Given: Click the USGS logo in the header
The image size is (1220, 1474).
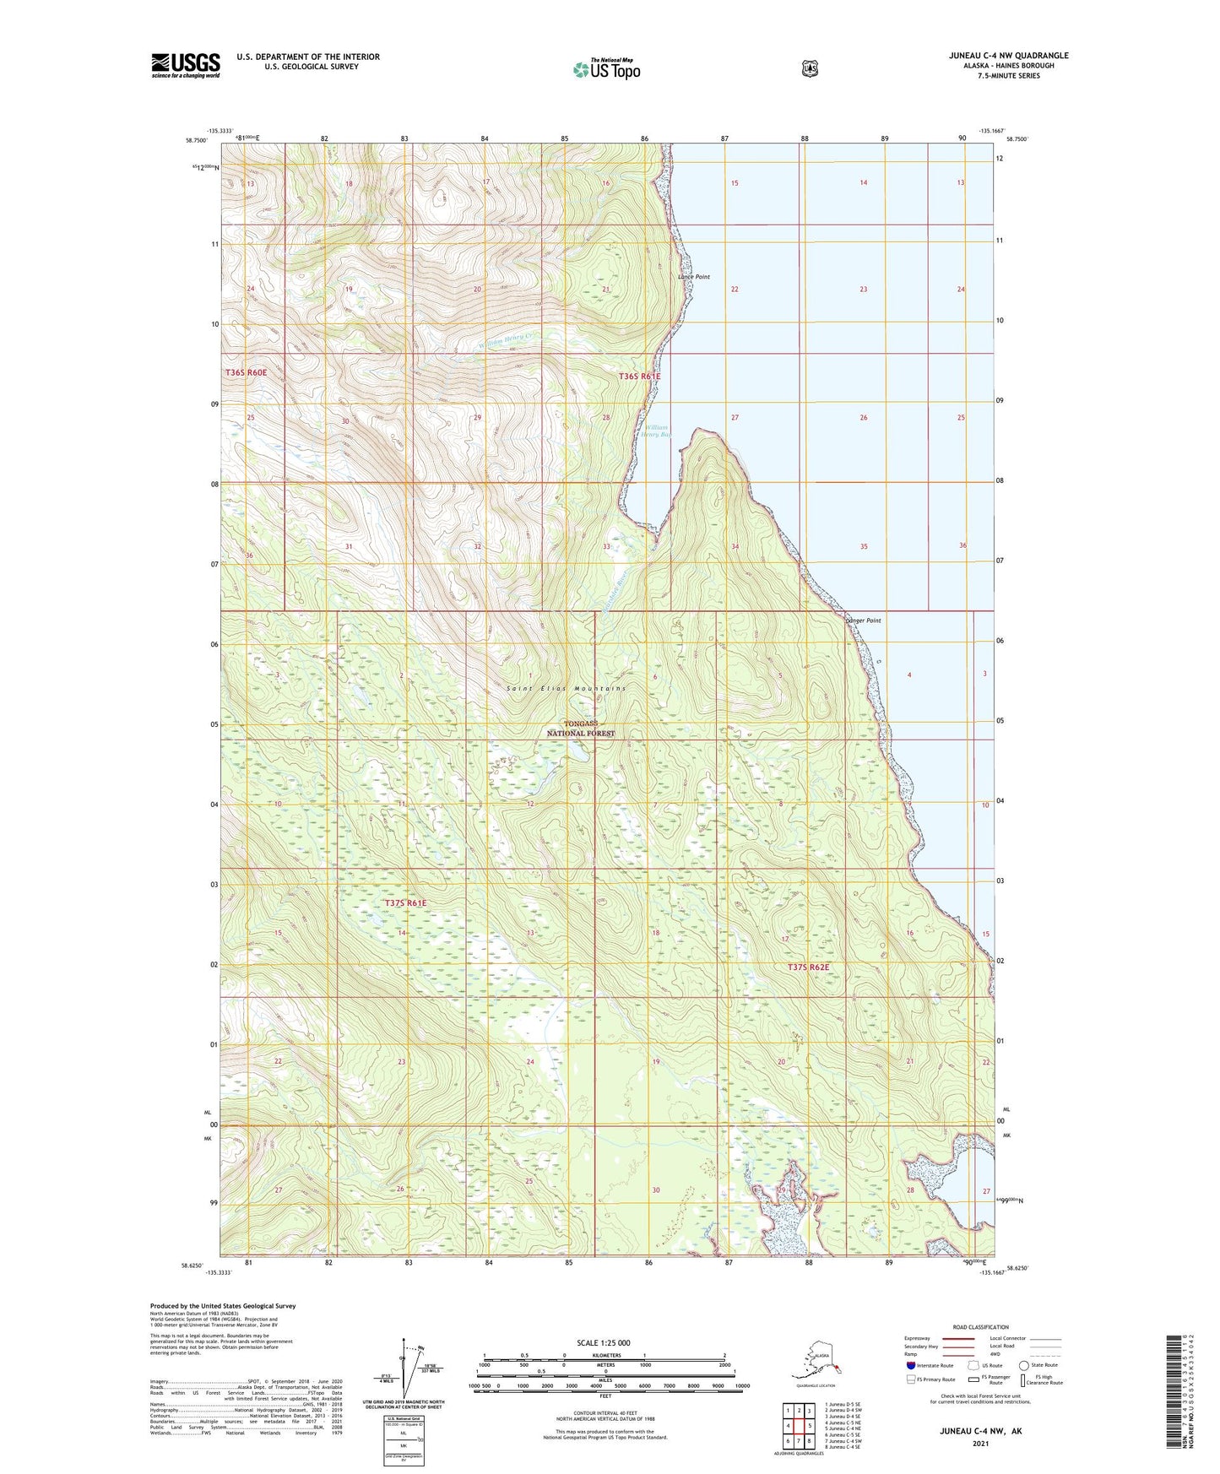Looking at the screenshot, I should pyautogui.click(x=186, y=65).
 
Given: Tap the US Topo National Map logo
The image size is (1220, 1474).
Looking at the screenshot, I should pyautogui.click(x=606, y=69).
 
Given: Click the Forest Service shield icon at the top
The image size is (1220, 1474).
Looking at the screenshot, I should pyautogui.click(x=810, y=68).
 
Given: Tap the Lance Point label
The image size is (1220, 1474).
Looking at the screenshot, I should pyautogui.click(x=694, y=277).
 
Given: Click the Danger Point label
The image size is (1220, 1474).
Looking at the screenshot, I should pyautogui.click(x=863, y=620).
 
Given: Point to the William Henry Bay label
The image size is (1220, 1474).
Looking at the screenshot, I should pyautogui.click(x=655, y=431).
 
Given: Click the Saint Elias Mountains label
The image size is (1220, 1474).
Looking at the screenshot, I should pyautogui.click(x=567, y=689).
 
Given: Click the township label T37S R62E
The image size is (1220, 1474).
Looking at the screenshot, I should pyautogui.click(x=809, y=967).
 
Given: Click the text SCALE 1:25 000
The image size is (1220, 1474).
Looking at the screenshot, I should pyautogui.click(x=603, y=1342).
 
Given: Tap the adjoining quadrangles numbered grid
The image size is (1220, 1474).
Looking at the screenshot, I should pyautogui.click(x=799, y=1426).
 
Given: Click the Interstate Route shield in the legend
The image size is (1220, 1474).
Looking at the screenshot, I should pyautogui.click(x=911, y=1365).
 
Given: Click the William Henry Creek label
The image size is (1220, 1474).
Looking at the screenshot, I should pyautogui.click(x=507, y=340).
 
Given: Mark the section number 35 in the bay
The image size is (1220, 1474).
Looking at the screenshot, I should pyautogui.click(x=864, y=546).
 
